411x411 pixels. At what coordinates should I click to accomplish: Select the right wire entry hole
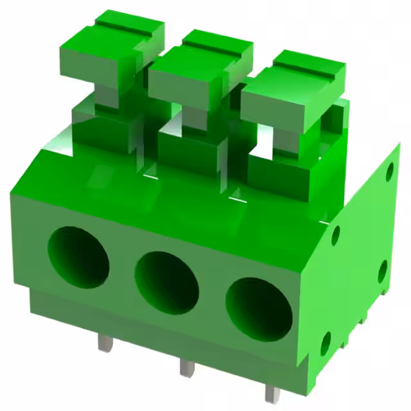(259, 309)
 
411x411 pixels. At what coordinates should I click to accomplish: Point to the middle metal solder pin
(186, 367)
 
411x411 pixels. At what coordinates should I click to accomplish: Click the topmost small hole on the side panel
(389, 171)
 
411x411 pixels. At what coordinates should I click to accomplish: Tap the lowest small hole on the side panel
(326, 344)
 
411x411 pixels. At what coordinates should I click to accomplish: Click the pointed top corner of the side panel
(398, 146)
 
